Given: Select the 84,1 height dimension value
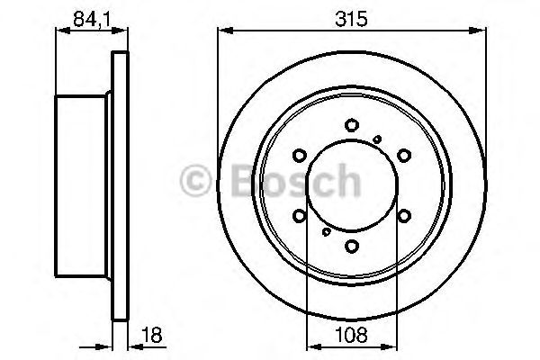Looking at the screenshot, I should tap(86, 15).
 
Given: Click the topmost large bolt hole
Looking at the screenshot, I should tap(352, 126).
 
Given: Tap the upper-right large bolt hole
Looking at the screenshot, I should tap(404, 155).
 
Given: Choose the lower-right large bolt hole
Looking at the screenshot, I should tap(404, 214).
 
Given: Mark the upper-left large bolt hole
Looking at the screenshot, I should tap(301, 155).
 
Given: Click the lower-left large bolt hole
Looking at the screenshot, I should tap(301, 214).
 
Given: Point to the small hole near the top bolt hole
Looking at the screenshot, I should tap(377, 137).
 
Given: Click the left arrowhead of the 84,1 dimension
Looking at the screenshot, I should tap(60, 31).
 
